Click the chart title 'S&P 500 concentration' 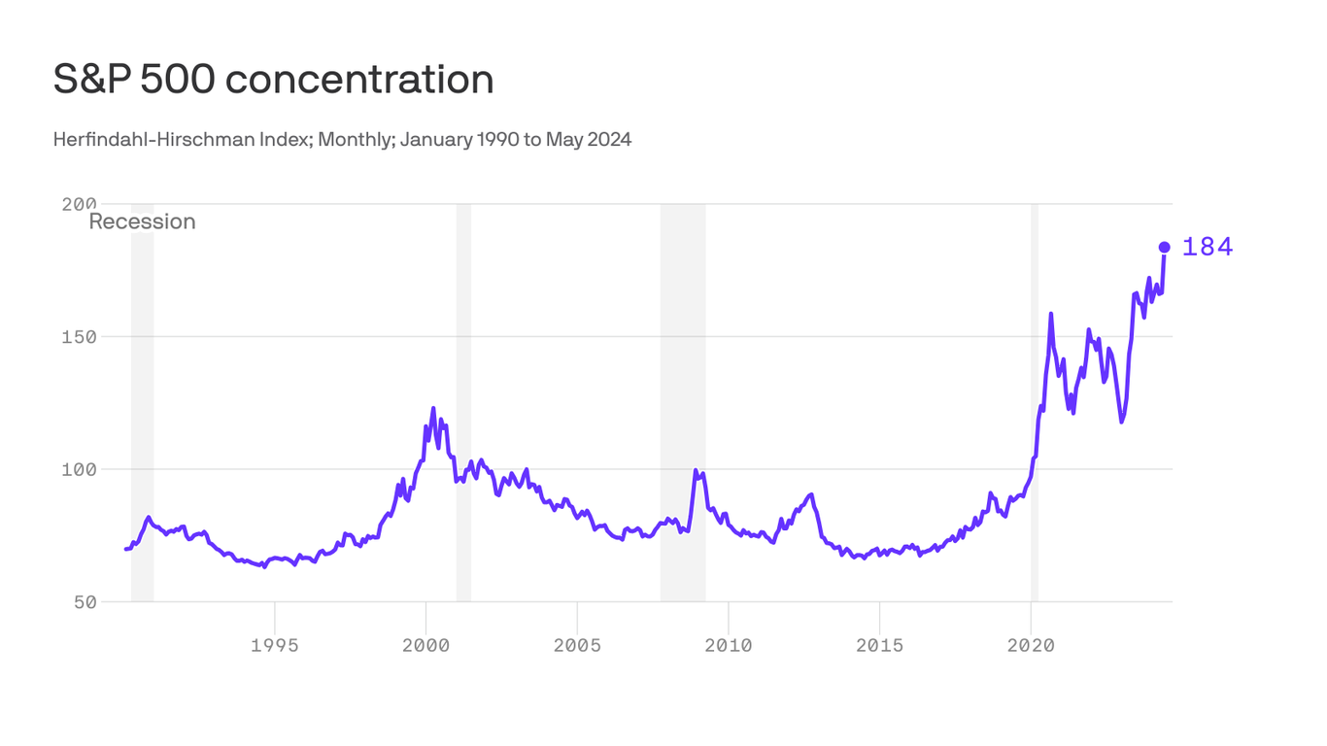[x=273, y=80]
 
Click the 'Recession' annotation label [x=142, y=221]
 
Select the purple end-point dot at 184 [x=1164, y=247]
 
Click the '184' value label [x=1208, y=248]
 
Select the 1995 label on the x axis [x=275, y=645]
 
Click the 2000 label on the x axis [x=425, y=645]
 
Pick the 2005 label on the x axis [x=577, y=645]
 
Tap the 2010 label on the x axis [x=729, y=645]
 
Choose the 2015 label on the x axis [x=879, y=645]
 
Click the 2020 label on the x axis [x=1031, y=645]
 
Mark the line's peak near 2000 [x=433, y=409]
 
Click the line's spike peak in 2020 [x=1051, y=314]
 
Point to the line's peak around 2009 [x=696, y=471]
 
